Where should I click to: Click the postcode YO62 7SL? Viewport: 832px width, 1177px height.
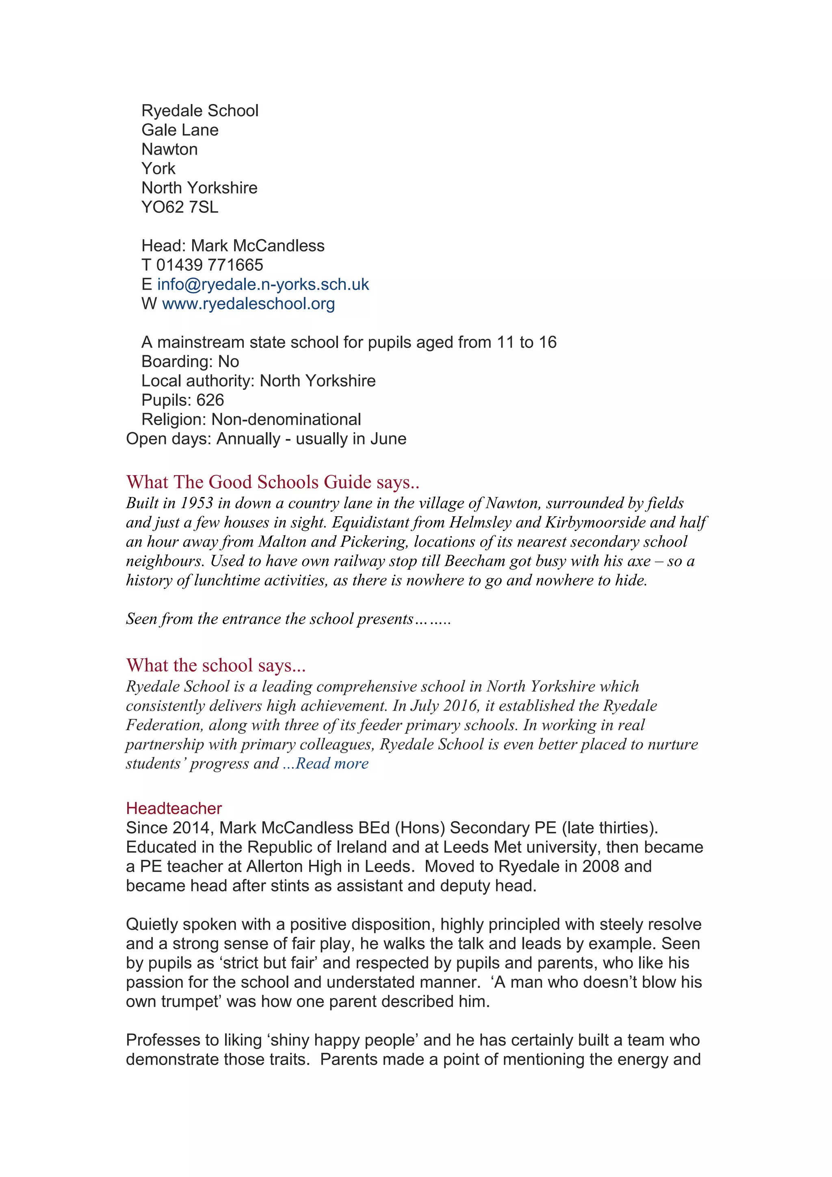pyautogui.click(x=180, y=207)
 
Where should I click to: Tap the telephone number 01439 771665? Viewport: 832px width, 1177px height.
pyautogui.click(x=209, y=265)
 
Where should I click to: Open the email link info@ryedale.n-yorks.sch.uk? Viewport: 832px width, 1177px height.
pyautogui.click(x=262, y=285)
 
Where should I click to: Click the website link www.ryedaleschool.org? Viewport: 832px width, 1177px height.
pyautogui.click(x=248, y=304)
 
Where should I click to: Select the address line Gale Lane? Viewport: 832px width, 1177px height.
pyautogui.click(x=180, y=130)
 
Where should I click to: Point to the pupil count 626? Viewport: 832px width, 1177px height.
pyautogui.click(x=210, y=400)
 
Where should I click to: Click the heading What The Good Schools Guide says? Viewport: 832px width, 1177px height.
pyautogui.click(x=272, y=482)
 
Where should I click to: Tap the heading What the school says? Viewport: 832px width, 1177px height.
pyautogui.click(x=215, y=665)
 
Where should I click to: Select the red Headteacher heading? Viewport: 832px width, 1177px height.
pyautogui.click(x=174, y=808)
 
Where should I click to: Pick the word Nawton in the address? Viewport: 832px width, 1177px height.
pyautogui.click(x=169, y=149)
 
